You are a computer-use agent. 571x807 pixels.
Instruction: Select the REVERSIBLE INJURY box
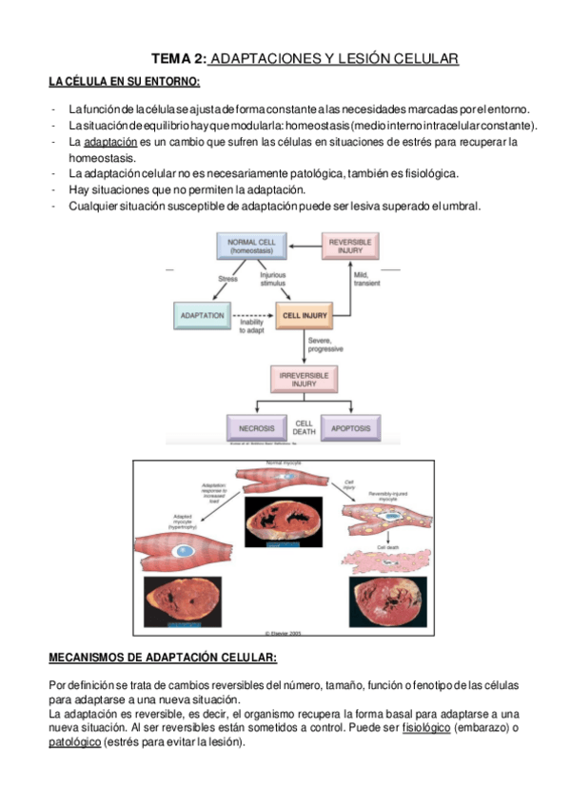(349, 246)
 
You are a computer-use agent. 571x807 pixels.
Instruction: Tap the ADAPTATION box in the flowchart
(202, 314)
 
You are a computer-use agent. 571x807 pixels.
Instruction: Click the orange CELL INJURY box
(305, 314)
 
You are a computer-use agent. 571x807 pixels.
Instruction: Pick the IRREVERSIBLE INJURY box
(305, 379)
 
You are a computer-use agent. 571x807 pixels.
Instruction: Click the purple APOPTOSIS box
(350, 428)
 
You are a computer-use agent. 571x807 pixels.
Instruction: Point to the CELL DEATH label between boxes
(304, 427)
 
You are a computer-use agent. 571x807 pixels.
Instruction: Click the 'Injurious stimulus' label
(273, 279)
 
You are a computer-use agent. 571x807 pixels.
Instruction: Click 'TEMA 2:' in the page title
(178, 59)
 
